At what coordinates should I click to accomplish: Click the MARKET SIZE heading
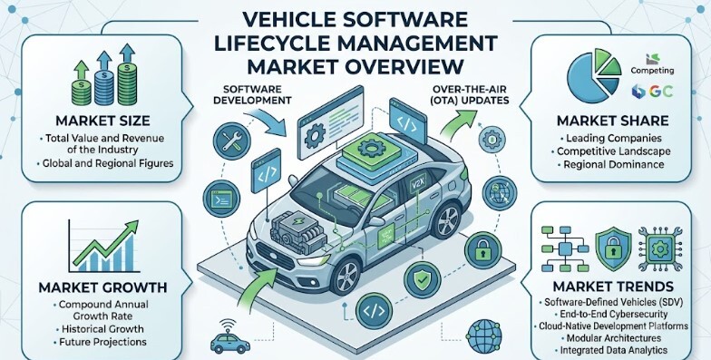tap(102, 121)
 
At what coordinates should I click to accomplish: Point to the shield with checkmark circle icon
tap(422, 279)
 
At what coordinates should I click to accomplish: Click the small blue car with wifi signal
tap(230, 337)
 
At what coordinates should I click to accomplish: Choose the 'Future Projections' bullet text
tap(102, 342)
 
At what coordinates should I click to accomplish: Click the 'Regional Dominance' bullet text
tap(613, 165)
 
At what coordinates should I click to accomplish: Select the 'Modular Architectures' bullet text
tap(613, 338)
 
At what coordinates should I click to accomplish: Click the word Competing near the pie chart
tap(652, 71)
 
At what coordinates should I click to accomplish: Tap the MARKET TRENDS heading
tap(613, 287)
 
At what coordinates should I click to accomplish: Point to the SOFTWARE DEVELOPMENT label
tap(252, 94)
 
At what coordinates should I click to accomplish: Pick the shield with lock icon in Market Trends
tap(613, 249)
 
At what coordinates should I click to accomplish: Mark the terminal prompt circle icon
tap(221, 198)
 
